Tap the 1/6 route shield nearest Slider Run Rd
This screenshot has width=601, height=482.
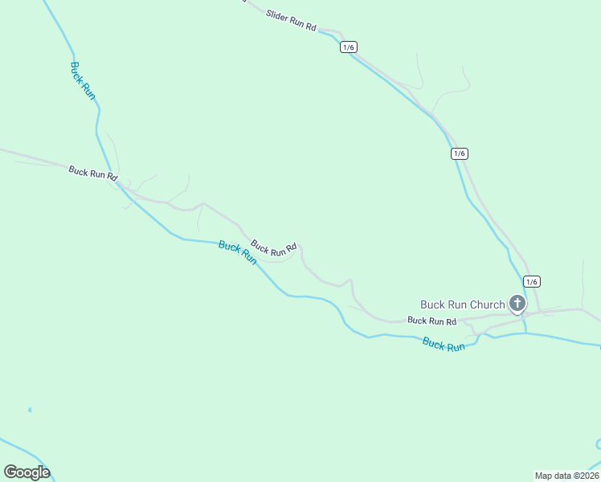[348, 47]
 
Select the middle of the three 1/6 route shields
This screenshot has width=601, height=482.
[459, 153]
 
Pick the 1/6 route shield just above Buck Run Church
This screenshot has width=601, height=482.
[531, 281]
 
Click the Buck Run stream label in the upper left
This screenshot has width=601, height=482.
[83, 80]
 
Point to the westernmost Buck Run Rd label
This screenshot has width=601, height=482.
[93, 173]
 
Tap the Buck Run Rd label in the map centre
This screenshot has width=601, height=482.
[274, 248]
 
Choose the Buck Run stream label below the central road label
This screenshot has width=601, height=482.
[238, 253]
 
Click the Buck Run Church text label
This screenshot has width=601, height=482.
[463, 304]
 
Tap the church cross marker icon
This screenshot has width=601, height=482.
[517, 304]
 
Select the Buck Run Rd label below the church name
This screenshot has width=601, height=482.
[431, 321]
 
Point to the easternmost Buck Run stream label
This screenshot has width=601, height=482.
[444, 345]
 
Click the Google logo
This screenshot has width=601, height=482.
[27, 472]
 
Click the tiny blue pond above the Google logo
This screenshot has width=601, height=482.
[30, 411]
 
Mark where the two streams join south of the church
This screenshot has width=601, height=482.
[525, 333]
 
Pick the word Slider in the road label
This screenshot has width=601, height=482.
[278, 19]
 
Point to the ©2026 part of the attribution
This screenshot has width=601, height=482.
[584, 476]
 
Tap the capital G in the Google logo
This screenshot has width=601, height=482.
[10, 472]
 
